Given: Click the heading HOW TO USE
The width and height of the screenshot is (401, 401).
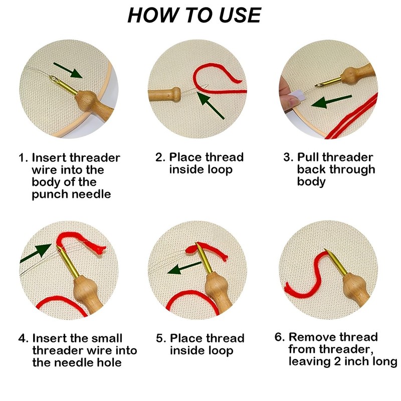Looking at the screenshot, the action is pyautogui.click(x=194, y=15).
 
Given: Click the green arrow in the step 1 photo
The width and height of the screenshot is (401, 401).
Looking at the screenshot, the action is pyautogui.click(x=68, y=70).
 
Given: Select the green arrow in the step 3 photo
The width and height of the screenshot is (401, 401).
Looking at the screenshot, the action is pyautogui.click(x=332, y=101).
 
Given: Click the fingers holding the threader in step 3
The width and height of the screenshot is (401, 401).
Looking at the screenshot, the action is pyautogui.click(x=288, y=93).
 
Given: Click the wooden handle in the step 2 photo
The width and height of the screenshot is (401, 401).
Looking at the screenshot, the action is pyautogui.click(x=165, y=94).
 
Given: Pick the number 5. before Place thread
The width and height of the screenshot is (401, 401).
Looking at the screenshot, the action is pyautogui.click(x=161, y=338).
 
